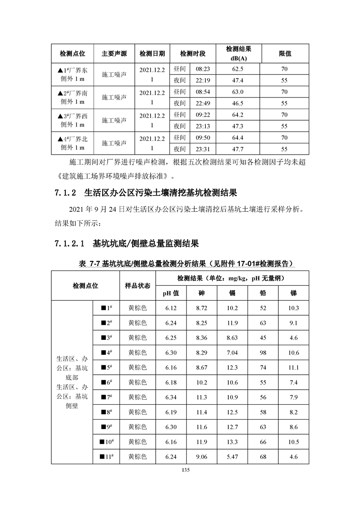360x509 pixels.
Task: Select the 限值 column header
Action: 285,54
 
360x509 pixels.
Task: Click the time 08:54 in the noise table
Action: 202,92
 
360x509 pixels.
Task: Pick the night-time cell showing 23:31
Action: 202,149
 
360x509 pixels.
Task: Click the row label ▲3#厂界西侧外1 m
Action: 73,120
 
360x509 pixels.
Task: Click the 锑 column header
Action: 293,293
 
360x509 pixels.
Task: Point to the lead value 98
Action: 263,352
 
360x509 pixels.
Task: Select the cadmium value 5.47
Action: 232,456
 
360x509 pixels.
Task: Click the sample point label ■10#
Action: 106,441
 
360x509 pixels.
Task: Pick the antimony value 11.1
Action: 293,367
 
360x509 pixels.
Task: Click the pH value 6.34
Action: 171,397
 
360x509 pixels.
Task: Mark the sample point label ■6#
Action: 106,382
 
